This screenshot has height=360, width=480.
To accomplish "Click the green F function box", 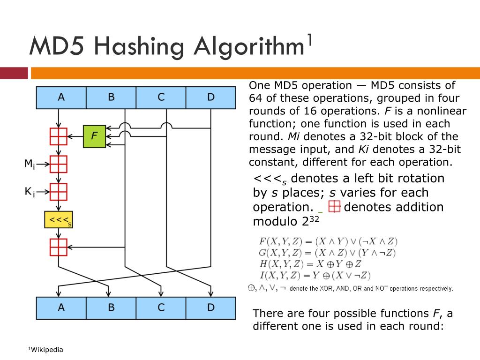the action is point(95,136).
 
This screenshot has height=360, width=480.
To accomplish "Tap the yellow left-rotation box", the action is point(58,220).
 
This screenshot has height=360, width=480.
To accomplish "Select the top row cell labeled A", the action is point(61,97).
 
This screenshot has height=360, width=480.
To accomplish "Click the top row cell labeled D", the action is point(211,97).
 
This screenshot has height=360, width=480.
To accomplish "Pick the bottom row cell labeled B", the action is point(111,308).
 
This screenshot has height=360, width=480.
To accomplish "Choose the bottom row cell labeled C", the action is point(161,308).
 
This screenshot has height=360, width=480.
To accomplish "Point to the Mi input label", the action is point(30,164).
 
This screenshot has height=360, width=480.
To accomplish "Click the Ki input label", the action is point(30,191).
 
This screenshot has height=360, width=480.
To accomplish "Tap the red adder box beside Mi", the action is point(59,164).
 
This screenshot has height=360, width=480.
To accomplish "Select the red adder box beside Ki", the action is point(59,192).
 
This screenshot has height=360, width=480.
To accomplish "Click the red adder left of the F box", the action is point(59,136).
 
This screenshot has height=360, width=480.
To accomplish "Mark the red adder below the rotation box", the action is point(59,247).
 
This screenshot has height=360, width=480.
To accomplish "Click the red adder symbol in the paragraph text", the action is point(334,207).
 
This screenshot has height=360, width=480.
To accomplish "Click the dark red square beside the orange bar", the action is point(14,73).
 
